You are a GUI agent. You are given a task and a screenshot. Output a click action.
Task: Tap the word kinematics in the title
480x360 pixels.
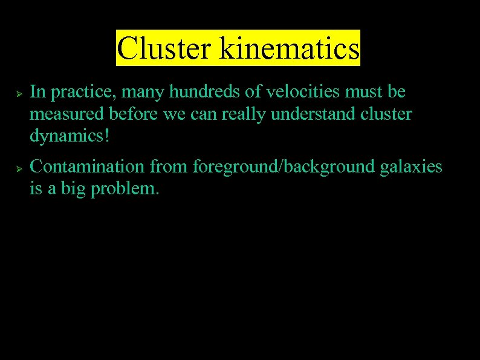point(290,48)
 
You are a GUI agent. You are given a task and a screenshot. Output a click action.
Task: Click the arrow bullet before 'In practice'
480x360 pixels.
point(19,94)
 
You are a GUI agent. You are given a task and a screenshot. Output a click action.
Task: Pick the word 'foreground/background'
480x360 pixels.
point(284,167)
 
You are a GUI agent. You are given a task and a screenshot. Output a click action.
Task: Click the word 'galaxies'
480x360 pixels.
point(412,167)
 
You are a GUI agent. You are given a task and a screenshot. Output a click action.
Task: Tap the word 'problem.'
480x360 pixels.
point(125,189)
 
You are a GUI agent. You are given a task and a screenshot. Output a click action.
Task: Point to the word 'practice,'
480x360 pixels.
point(83,93)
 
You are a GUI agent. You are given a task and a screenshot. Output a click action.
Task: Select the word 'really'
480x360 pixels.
point(242,114)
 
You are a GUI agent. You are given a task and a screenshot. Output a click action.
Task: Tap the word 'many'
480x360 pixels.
point(144,93)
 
